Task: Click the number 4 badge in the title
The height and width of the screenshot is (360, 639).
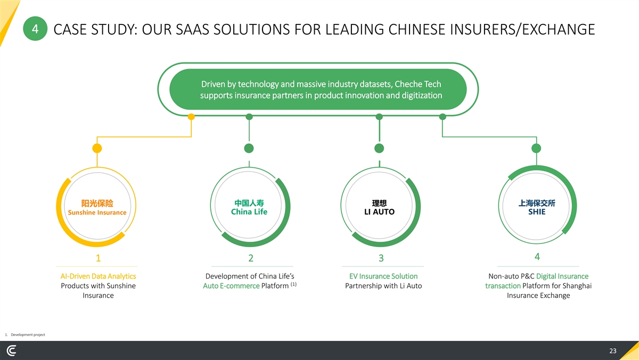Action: pos(35,29)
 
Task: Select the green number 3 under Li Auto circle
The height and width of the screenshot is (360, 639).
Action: pos(381,258)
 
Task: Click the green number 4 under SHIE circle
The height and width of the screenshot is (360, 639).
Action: pos(537,256)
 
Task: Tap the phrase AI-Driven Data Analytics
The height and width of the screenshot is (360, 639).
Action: pos(98,276)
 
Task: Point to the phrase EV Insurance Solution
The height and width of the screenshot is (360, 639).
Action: pos(383,276)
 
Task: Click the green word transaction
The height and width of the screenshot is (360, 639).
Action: pos(503,286)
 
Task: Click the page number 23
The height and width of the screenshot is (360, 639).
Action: pos(612,351)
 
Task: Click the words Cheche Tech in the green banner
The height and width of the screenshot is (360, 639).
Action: pos(417,85)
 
